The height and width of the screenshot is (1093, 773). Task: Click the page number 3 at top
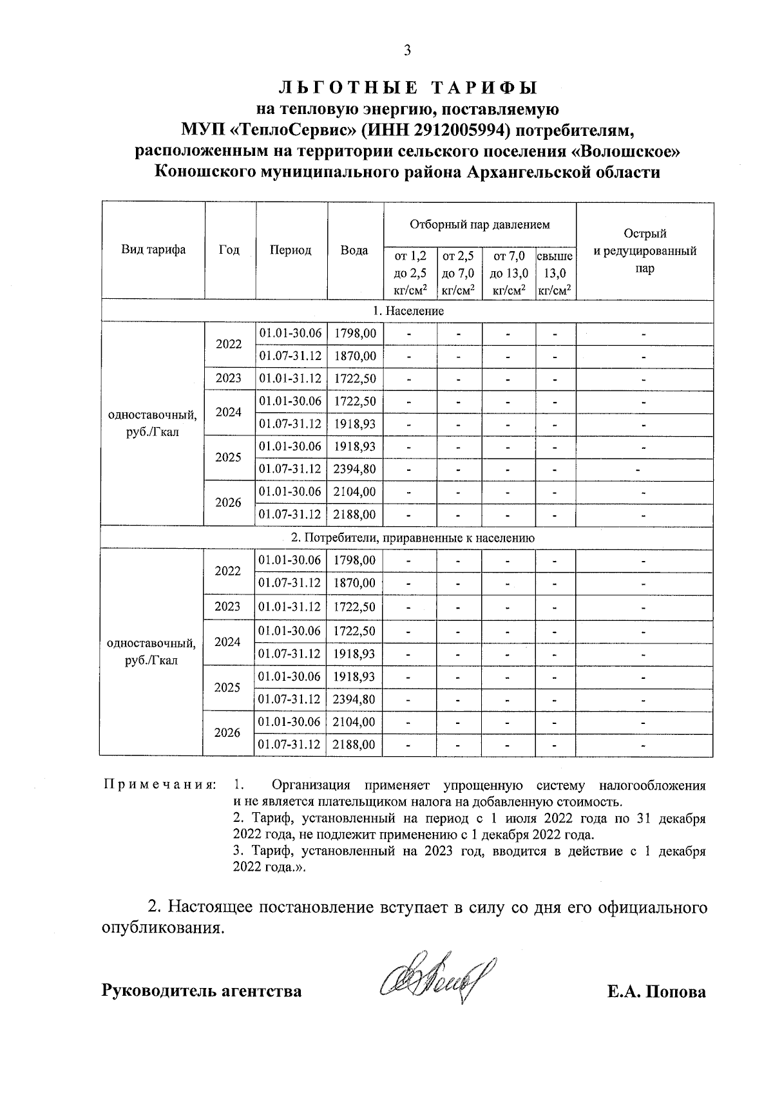point(406,51)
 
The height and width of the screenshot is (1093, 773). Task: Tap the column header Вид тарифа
point(153,250)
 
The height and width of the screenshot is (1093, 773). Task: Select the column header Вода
point(354,250)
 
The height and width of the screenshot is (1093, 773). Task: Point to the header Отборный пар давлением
point(480,225)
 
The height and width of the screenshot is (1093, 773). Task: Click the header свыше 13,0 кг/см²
point(555,274)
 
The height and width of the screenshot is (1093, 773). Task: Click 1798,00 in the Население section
point(355,333)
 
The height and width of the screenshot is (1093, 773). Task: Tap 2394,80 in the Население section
point(355,469)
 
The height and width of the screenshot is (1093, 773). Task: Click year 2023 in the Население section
point(229,378)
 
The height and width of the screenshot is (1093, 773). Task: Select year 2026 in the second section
point(227,733)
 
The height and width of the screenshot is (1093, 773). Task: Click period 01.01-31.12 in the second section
point(290,607)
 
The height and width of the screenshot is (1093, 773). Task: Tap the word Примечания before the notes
point(158,785)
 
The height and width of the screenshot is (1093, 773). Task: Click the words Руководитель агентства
point(201,991)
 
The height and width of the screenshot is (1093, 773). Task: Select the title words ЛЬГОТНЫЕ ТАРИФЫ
point(406,87)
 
